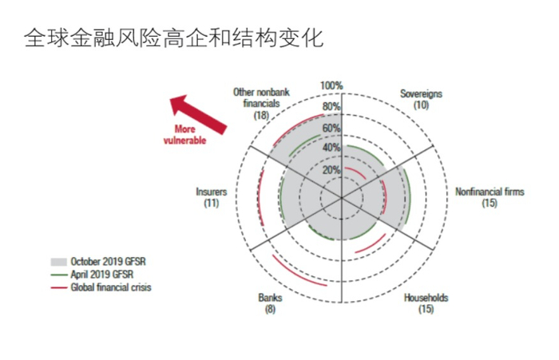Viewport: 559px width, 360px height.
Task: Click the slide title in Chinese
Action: coord(174,38)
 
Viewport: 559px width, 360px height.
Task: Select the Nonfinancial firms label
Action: coord(490,197)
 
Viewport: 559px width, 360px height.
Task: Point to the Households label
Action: coord(426,303)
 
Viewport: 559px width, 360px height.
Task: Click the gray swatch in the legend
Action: coord(58,261)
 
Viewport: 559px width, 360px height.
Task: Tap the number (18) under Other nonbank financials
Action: coord(261,116)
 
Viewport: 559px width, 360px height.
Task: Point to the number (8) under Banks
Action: coord(270,309)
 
